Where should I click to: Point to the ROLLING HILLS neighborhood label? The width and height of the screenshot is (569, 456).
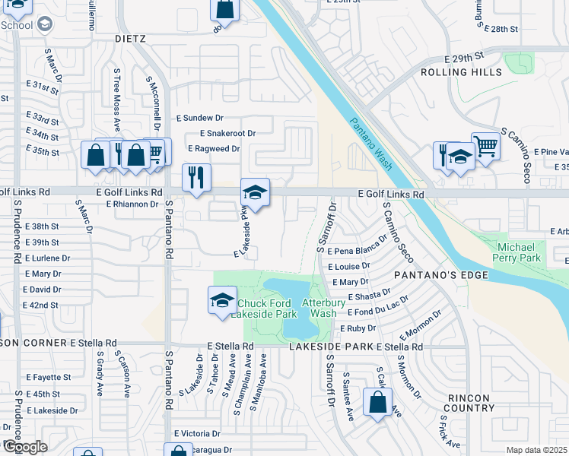tap(462, 72)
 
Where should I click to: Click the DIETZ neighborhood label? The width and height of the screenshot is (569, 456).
tap(129, 37)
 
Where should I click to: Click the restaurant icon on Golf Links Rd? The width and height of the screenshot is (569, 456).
tap(196, 179)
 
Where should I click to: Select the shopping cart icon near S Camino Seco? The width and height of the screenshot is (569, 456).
tap(485, 146)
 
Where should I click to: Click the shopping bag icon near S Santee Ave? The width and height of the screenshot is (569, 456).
tap(378, 403)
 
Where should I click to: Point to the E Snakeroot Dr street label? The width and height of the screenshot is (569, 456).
tap(227, 133)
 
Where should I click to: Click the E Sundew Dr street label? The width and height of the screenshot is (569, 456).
tap(200, 118)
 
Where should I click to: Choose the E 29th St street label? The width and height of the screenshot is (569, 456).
tap(464, 57)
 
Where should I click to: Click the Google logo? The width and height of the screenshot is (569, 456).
tap(26, 447)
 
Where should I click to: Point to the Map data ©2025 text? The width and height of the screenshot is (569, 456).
tap(537, 450)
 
